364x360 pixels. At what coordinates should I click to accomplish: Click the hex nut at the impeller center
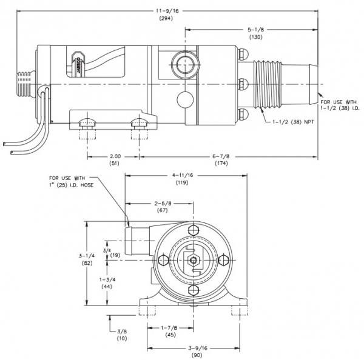coord(194,261)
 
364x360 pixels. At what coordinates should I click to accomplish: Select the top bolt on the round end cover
coord(194,231)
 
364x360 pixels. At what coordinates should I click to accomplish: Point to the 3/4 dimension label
coord(107,248)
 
